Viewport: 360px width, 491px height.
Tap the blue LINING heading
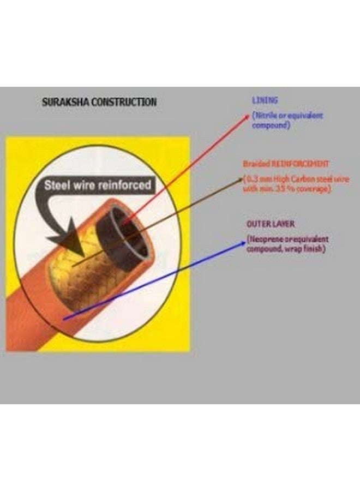click(x=265, y=100)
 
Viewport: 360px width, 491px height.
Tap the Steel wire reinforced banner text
click(x=97, y=185)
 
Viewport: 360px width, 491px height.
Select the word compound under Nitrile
click(x=271, y=125)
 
